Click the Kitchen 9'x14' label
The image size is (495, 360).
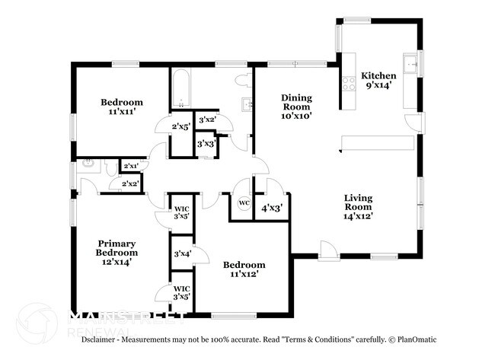pos(378,80)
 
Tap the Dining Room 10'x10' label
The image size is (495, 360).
pos(297,107)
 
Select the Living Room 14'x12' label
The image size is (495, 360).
pos(357,206)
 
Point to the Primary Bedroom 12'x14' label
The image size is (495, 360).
pos(117,252)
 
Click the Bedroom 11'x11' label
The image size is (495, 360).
pos(122,107)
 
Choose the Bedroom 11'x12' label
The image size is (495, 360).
pos(244,269)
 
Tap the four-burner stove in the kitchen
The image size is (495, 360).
pos(350,84)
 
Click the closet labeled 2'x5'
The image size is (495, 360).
pos(180,126)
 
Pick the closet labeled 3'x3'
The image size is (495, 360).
pos(205,143)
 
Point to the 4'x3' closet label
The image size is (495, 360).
pos(272,207)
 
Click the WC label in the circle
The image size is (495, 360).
pos(244,202)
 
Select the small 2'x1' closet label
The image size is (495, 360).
pos(131,165)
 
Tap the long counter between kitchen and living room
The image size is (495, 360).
pos(377,143)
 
